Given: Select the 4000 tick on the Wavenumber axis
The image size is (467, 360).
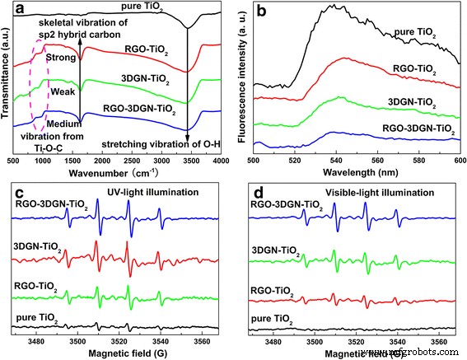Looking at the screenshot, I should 219,161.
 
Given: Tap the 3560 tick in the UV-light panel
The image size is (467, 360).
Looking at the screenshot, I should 201,338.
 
